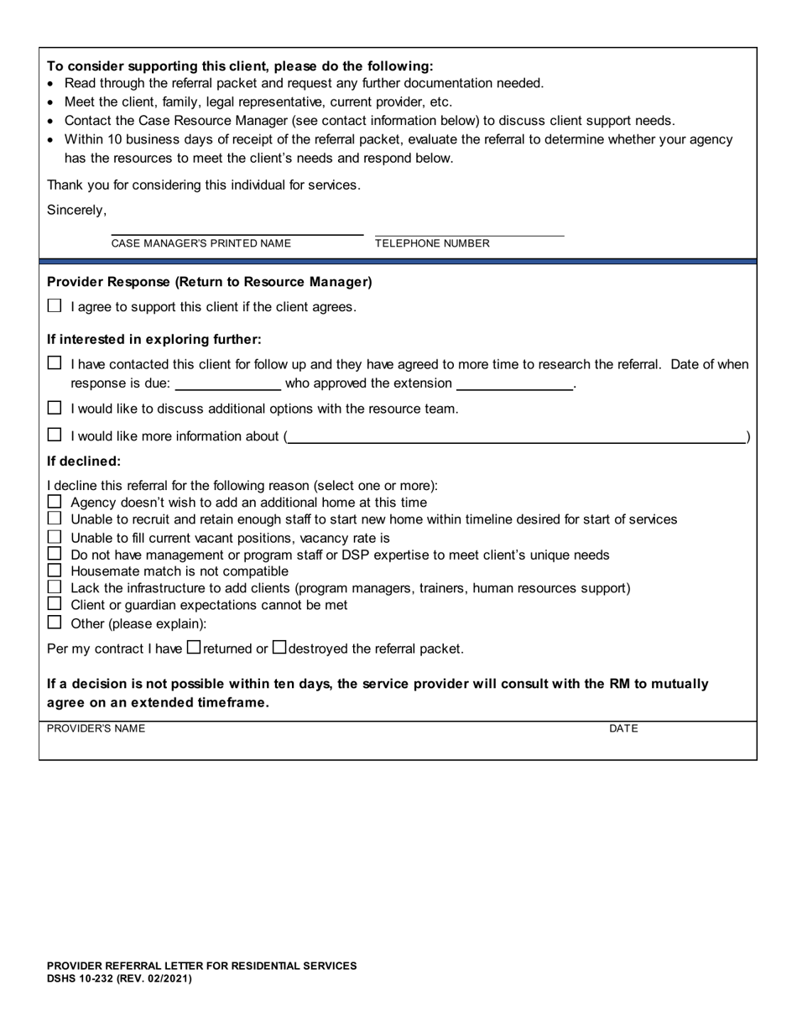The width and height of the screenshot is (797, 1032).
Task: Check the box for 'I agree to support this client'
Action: (x=55, y=306)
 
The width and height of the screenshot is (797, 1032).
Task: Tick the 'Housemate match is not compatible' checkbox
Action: (x=55, y=571)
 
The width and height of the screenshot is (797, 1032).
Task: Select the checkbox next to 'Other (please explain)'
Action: (x=55, y=623)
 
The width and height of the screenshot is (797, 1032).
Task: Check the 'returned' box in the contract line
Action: (x=194, y=647)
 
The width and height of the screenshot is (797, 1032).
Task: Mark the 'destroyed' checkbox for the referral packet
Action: (x=280, y=647)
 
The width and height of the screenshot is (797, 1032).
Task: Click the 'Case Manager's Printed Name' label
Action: (x=201, y=243)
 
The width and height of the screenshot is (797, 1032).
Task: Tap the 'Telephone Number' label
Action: (x=432, y=243)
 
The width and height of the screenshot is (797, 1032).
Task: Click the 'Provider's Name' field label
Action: (x=96, y=728)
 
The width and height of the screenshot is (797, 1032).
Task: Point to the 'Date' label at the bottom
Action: (x=623, y=728)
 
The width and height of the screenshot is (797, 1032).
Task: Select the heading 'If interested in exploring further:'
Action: (x=154, y=339)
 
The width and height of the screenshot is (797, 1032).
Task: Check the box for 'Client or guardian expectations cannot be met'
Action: (x=55, y=604)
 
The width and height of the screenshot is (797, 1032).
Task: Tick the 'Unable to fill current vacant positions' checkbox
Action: (x=55, y=537)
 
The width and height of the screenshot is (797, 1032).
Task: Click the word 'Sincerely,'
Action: (x=76, y=210)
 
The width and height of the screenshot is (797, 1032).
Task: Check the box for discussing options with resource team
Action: (x=55, y=409)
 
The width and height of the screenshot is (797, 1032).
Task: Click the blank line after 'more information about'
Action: (x=516, y=435)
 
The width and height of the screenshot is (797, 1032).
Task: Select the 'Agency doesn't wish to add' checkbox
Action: (x=55, y=502)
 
